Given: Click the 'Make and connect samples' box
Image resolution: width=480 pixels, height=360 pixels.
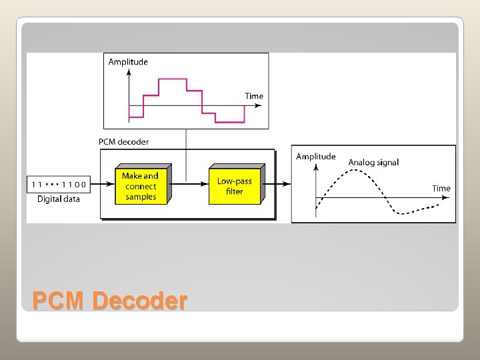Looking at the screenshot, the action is pos(140,187).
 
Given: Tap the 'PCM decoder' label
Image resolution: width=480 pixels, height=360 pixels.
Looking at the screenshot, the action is pos(123,141).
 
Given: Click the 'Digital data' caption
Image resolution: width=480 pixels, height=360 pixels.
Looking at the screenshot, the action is pos(58,199).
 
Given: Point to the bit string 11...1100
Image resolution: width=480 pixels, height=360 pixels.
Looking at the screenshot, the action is pos(58,184).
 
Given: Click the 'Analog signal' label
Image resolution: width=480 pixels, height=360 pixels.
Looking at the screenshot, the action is pos(373,162).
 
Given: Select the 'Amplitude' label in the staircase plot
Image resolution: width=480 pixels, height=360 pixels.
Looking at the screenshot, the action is pos(128,62).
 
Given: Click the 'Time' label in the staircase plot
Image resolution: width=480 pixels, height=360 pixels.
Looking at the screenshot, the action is pos(254,96).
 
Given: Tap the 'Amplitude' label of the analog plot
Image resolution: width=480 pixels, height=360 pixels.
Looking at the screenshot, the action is pos(315,157).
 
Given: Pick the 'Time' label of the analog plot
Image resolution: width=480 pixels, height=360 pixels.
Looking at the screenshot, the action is pos(441,188).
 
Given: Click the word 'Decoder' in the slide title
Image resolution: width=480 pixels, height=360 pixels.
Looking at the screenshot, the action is pos(140,301).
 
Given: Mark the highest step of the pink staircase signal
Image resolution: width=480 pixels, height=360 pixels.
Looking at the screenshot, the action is pos(173,79).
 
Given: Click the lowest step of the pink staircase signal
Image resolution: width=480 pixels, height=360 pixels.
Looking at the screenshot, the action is pos(230,123).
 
